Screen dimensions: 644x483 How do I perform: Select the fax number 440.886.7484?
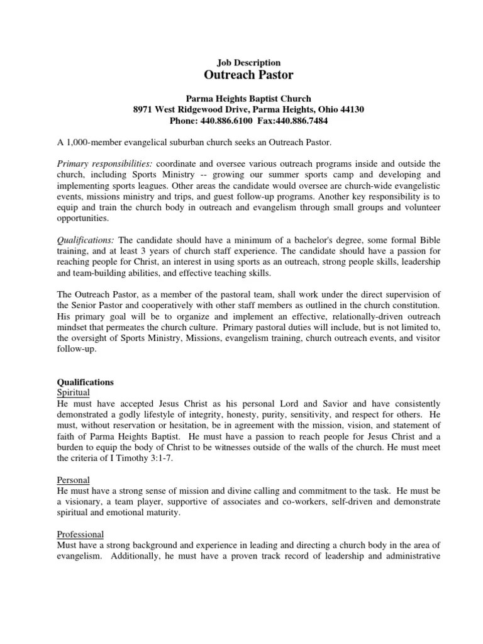(301, 120)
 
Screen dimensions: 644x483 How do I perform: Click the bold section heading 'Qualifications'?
(86, 382)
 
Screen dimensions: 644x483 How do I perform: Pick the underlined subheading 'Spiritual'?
(74, 392)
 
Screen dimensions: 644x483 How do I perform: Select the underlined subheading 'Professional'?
(80, 534)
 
